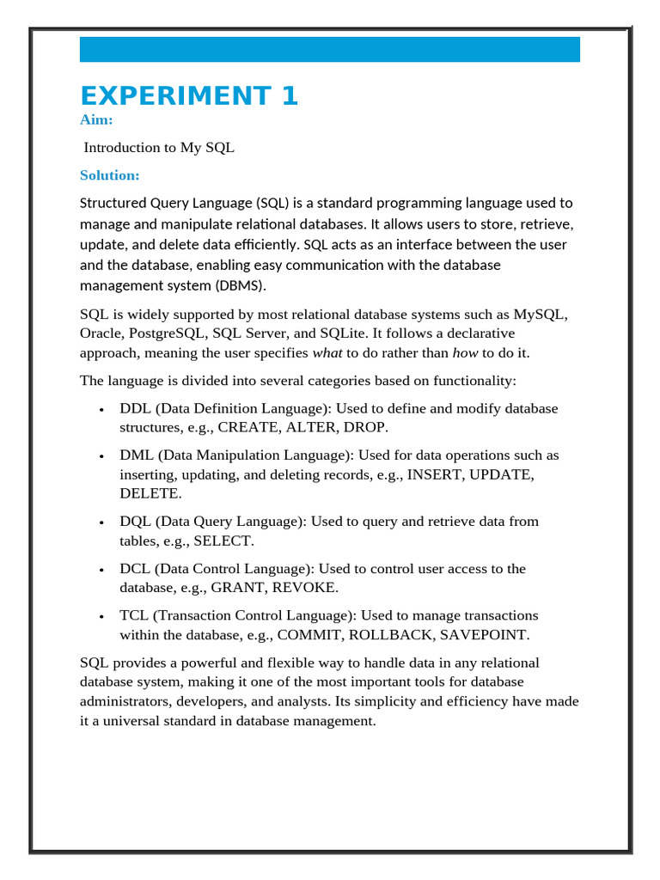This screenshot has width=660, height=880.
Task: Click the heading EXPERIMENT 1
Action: point(189,95)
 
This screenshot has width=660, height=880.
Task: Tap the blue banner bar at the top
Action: point(329,50)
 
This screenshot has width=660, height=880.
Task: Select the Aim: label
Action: point(96,120)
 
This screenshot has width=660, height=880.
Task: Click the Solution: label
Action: point(109,175)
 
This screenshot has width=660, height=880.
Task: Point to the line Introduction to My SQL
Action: point(159,148)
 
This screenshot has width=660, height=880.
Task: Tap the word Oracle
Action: point(101,333)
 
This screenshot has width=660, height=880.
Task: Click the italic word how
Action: point(464,353)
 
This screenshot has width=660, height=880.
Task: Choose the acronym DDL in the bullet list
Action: point(136,408)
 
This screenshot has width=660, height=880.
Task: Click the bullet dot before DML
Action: point(102,456)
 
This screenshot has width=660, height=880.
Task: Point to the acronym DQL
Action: point(136,522)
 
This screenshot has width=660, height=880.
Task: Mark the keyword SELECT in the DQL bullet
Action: point(222,541)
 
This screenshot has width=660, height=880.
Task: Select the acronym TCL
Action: point(135,615)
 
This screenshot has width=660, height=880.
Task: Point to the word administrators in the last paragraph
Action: point(122,701)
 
